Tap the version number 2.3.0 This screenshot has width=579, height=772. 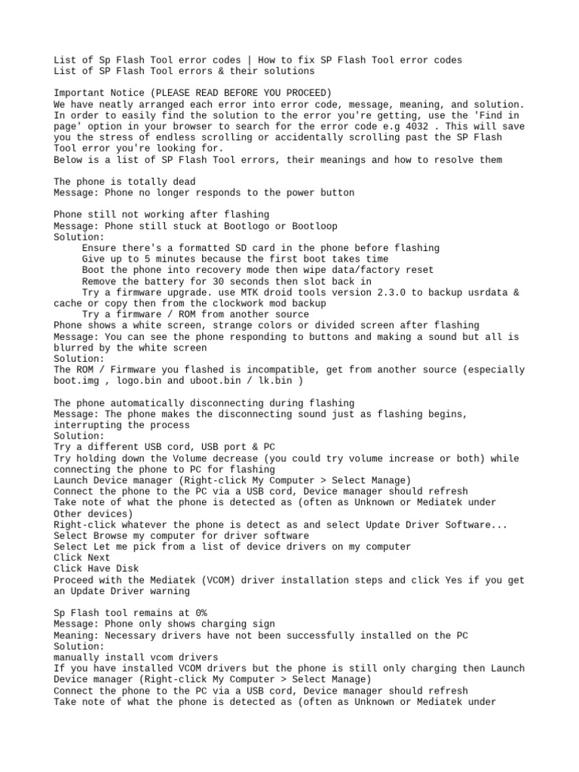click(372, 293)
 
